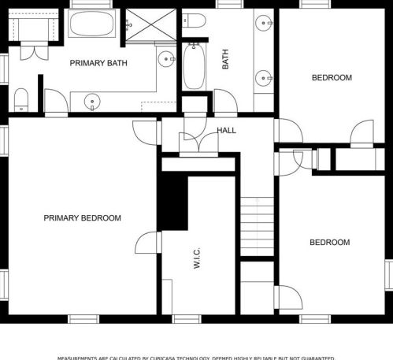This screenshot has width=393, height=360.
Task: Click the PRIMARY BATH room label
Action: click(x=98, y=62)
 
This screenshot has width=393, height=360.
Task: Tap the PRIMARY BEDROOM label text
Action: click(x=82, y=218)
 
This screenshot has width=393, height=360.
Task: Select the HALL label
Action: click(x=226, y=131)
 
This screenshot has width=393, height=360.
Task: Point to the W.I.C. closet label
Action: click(x=196, y=259)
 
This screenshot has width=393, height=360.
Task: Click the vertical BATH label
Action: click(x=226, y=60)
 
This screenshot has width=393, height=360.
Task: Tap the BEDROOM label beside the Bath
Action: click(x=331, y=77)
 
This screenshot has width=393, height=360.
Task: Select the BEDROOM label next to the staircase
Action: click(x=328, y=242)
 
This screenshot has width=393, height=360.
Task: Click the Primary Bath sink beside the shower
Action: click(x=165, y=59)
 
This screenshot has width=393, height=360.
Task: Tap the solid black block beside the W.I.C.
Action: click(x=173, y=201)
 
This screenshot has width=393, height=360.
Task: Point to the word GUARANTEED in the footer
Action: click(x=314, y=358)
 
